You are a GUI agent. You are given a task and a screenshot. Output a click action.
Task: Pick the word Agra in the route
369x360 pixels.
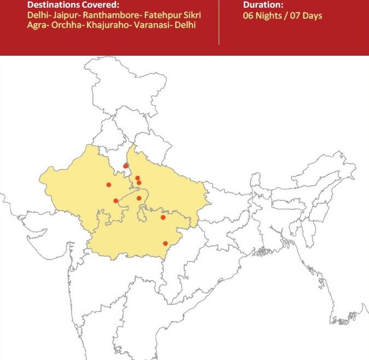37,25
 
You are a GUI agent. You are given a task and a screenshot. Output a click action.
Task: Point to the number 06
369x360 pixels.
249,16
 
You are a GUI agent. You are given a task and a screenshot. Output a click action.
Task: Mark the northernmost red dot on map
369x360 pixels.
126,166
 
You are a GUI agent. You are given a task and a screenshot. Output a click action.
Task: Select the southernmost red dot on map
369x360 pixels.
166,244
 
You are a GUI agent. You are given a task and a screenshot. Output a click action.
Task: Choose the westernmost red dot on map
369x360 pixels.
109,185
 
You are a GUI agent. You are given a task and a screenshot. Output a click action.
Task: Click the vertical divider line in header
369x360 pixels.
219,22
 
